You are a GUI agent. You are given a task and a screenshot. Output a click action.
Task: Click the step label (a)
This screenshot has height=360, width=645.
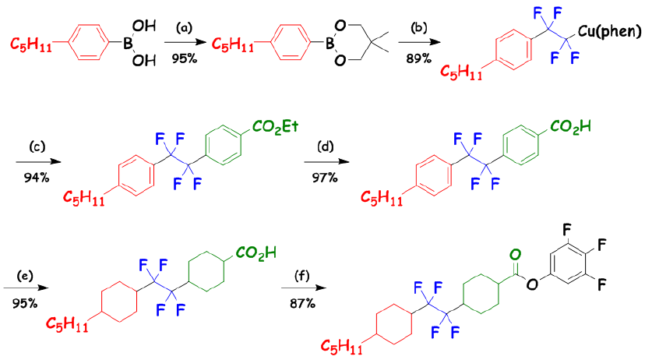coord(185,28)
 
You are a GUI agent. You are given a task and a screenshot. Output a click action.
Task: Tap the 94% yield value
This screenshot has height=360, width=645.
coord(36,177)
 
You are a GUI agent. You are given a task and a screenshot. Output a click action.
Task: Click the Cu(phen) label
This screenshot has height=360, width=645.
coord(610,32)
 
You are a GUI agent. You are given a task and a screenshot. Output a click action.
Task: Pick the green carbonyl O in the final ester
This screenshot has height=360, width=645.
coord(514,254)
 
